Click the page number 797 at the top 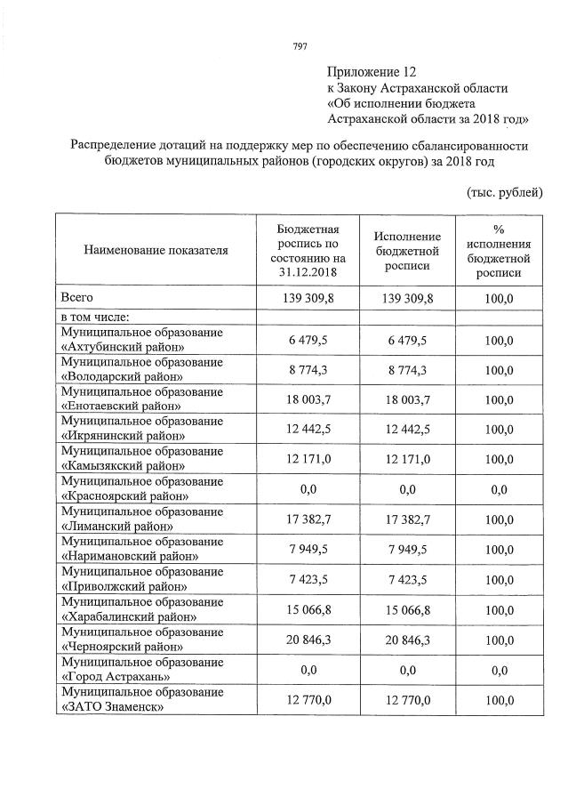pos(300,46)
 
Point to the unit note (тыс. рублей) pos(504,192)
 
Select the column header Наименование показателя pos(156,250)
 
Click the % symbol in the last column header pos(499,228)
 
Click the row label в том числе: pos(95,316)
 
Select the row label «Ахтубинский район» pos(122,347)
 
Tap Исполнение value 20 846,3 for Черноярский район pos(407,640)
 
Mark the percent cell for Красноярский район pos(499,490)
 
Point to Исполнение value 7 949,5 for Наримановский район pos(407,550)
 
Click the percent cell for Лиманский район pos(499,520)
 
